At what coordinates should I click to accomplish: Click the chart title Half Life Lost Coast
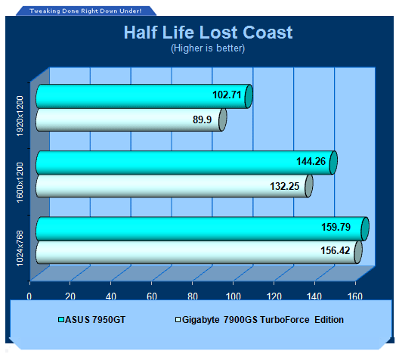tap(208, 33)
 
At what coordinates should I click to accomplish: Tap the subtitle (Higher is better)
tap(208, 48)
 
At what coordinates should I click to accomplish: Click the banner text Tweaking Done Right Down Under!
tap(85, 11)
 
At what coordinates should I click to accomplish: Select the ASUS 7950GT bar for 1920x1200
tap(144, 97)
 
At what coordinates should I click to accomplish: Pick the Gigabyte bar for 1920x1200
tap(131, 120)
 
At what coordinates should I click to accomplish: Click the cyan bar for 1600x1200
tap(187, 163)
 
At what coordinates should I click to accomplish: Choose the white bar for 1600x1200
tap(175, 186)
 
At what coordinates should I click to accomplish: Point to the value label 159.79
tap(336, 227)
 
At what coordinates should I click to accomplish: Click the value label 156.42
tap(335, 250)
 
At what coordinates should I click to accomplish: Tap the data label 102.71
tap(227, 95)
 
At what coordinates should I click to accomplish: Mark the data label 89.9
tap(202, 119)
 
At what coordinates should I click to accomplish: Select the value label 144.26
tap(311, 161)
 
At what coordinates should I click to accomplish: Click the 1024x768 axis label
tap(20, 248)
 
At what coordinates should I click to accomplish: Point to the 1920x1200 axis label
tap(20, 116)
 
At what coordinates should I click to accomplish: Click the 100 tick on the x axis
tap(234, 296)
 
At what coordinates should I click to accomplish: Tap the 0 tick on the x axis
tap(29, 296)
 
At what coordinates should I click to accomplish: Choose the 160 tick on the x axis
tap(355, 296)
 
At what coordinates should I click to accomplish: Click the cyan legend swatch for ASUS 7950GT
tap(61, 319)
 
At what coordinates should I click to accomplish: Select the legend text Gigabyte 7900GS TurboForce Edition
tap(263, 319)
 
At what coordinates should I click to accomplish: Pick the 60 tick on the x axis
tap(152, 296)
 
